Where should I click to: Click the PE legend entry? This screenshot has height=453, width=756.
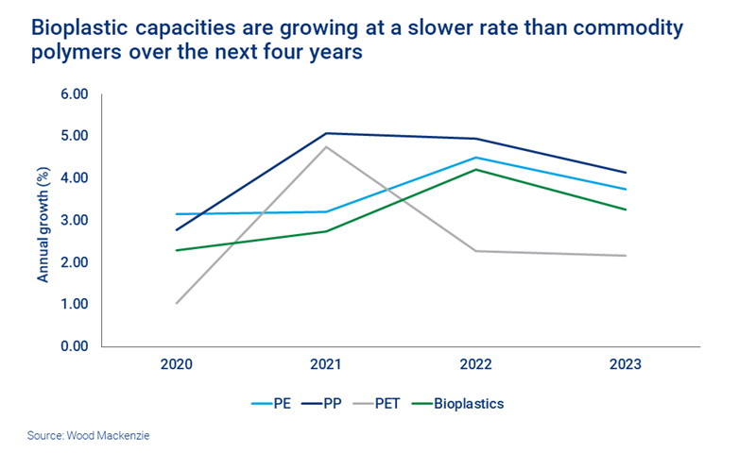[273, 403]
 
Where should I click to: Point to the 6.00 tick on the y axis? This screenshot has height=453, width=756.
[74, 94]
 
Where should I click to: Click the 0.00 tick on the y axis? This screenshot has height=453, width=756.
[74, 346]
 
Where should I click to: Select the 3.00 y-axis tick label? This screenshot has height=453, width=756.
[74, 221]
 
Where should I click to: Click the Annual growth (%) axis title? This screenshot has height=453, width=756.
[43, 221]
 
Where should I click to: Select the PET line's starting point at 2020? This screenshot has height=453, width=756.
[178, 303]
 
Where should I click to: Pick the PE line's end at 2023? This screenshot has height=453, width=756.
[625, 189]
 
